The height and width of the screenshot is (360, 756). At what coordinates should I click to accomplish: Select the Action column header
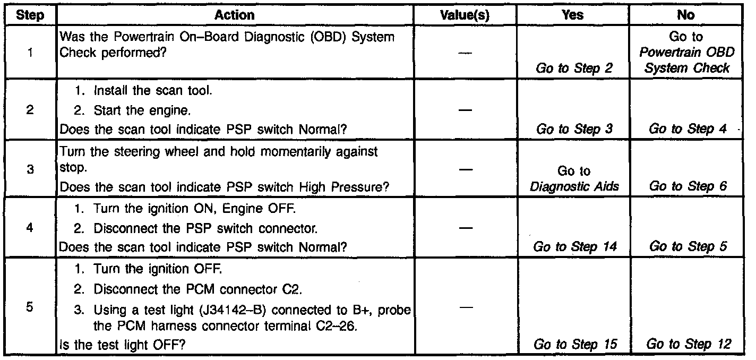tap(234, 15)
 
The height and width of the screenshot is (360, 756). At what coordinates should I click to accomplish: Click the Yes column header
tap(572, 15)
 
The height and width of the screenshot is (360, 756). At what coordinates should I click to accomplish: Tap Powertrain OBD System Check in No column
tap(687, 60)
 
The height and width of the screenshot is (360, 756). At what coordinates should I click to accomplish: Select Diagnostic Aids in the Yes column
tap(574, 186)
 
